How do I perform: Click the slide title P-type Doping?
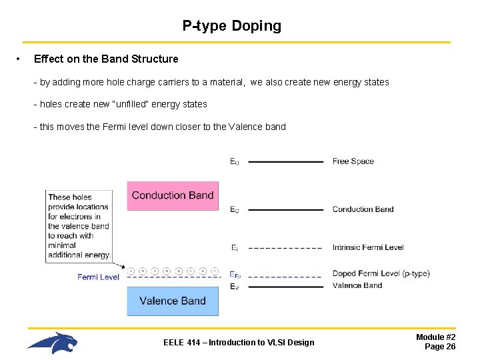click(x=232, y=26)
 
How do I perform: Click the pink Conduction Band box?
click(x=173, y=195)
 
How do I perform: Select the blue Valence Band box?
click(x=173, y=301)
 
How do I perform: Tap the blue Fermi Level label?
click(x=98, y=277)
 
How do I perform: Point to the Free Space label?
click(x=353, y=161)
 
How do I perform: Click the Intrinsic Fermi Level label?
click(x=368, y=247)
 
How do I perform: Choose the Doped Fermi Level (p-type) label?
click(x=381, y=273)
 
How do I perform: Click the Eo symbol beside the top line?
click(x=234, y=161)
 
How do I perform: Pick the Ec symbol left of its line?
click(x=234, y=210)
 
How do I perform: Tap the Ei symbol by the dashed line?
click(x=234, y=248)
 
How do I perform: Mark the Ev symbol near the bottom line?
click(x=234, y=287)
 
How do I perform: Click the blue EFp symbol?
click(x=235, y=274)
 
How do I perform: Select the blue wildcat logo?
click(x=53, y=343)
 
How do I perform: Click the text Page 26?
click(x=440, y=347)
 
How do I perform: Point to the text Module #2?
click(x=436, y=337)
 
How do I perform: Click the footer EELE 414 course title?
click(x=239, y=343)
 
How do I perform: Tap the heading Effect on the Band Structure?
click(x=106, y=59)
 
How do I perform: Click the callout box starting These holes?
click(x=79, y=225)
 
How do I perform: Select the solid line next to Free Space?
click(x=285, y=161)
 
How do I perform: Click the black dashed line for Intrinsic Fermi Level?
click(x=285, y=248)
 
